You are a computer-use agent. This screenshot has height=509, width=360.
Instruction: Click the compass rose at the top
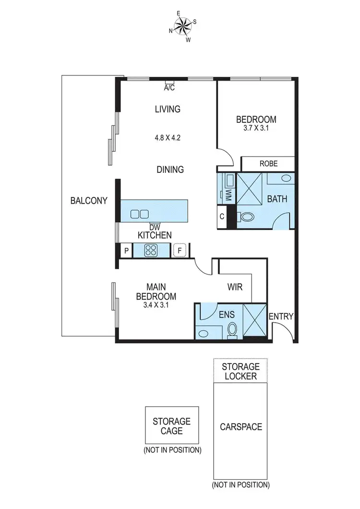click(x=182, y=27)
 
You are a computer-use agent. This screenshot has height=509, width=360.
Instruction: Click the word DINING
click(x=170, y=170)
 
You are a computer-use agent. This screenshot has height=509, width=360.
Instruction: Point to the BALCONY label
click(x=88, y=201)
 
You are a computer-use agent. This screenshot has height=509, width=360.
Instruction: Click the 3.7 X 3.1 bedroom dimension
click(x=256, y=129)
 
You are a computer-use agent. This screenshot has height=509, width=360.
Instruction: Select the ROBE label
click(x=268, y=163)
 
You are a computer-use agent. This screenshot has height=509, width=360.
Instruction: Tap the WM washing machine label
click(x=229, y=195)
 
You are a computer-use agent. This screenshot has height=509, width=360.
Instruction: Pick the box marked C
click(x=222, y=217)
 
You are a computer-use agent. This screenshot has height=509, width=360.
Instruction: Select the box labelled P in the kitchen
click(x=126, y=250)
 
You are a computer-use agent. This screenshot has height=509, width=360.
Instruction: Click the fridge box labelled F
click(x=180, y=250)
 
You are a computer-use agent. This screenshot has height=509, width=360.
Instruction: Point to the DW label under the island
click(x=155, y=227)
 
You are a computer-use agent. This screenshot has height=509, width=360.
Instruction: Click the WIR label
click(x=235, y=287)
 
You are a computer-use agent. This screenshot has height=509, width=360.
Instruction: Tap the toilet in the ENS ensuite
click(x=232, y=329)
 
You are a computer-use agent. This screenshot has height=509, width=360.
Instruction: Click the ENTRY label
click(x=281, y=316)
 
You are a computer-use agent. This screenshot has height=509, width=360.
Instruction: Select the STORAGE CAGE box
click(x=171, y=425)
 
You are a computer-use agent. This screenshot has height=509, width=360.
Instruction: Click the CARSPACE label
click(x=240, y=426)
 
